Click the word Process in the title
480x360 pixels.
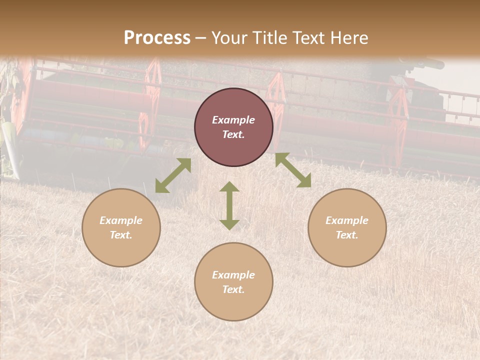coord(157,38)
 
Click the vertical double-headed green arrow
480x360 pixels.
coord(229,205)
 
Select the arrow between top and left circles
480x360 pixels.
coord(173,175)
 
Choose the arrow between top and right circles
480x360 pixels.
coord(293,170)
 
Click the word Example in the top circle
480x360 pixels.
coord(233,120)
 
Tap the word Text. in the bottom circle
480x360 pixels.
coord(233,289)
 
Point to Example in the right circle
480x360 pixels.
coord(347,220)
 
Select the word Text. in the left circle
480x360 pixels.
coord(121,235)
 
